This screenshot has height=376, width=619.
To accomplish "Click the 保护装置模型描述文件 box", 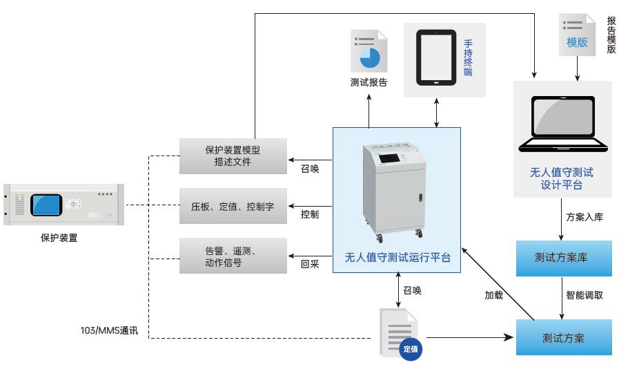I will coord(232,156).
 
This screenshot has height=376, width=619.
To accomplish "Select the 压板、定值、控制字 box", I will coord(232,206).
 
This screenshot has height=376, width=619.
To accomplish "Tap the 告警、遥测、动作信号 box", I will coord(232,256).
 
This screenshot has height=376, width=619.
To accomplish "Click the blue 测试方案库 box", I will coord(564,258).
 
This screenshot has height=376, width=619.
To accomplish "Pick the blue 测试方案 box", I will coord(564,338).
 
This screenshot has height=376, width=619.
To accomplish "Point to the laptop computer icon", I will coord(563,124).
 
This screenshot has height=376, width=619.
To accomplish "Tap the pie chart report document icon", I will coord(369,52).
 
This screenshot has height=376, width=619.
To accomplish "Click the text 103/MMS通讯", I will coord(109,331).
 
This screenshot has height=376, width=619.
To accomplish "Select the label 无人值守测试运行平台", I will coord(397,258).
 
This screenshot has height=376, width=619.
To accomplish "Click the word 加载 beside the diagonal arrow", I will coord(493,295).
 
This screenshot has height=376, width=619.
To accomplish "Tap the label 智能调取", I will coord(584,295).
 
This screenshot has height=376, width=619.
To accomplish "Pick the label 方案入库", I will coord(584,216).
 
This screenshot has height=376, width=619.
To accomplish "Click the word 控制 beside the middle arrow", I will coord(310,214).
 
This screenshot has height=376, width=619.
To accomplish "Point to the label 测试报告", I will coord(369,83).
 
